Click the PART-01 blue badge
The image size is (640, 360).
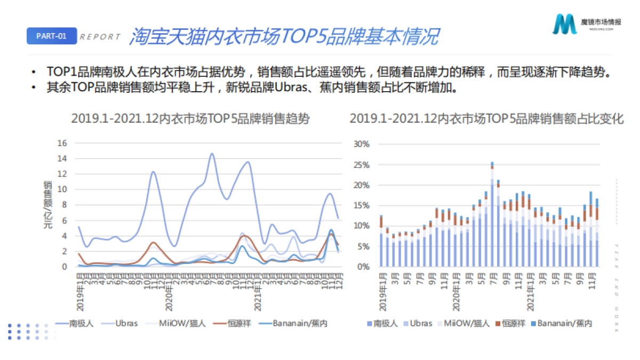tap(52, 36)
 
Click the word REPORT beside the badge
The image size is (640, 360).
tap(100, 37)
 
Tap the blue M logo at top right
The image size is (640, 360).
tap(565, 24)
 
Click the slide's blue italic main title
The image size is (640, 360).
tap(284, 36)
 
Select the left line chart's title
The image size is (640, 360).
tap(190, 119)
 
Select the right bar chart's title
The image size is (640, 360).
tap(486, 119)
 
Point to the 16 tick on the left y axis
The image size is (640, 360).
tap(62, 143)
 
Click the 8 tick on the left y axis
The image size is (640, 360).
tap(65, 205)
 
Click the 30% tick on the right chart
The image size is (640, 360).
tap(362, 144)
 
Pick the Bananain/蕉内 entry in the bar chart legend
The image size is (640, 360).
tap(564, 323)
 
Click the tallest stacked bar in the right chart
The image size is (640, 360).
tap(492, 213)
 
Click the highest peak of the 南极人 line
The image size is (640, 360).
tap(212, 154)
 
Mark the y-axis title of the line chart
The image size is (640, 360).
tap(47, 205)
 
